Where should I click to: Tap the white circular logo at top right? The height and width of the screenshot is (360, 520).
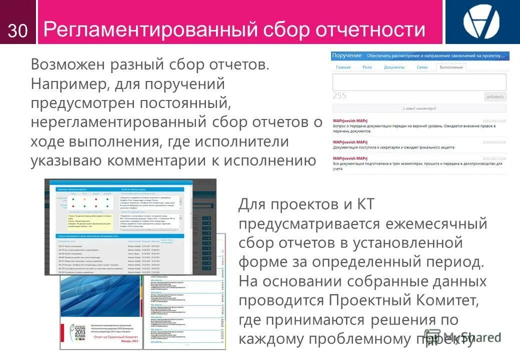coord(481,22)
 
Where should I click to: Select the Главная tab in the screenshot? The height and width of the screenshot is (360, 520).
coord(343,67)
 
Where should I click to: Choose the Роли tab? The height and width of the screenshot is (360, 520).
coord(367,67)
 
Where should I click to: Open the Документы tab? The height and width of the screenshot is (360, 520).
coord(394,67)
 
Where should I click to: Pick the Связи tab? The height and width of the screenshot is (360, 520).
coord(422,67)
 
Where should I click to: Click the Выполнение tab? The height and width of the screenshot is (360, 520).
coord(451,67)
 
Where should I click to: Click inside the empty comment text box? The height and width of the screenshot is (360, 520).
coord(419,82)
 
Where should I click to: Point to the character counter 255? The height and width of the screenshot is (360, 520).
coord(339,96)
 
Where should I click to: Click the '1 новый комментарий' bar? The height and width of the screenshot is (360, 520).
coord(419,108)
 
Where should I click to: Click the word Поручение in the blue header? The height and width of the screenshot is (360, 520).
coord(346,55)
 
